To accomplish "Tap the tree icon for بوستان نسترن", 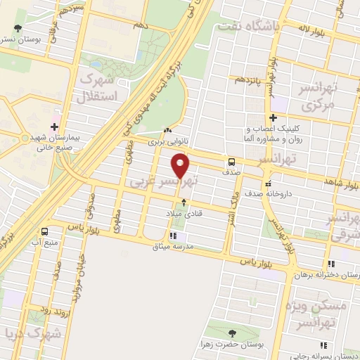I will click(x=18, y=29).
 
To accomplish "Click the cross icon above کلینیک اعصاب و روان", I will click(x=274, y=117).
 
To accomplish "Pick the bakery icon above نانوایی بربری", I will click(x=167, y=131).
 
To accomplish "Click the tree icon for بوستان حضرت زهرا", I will click(x=233, y=333).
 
